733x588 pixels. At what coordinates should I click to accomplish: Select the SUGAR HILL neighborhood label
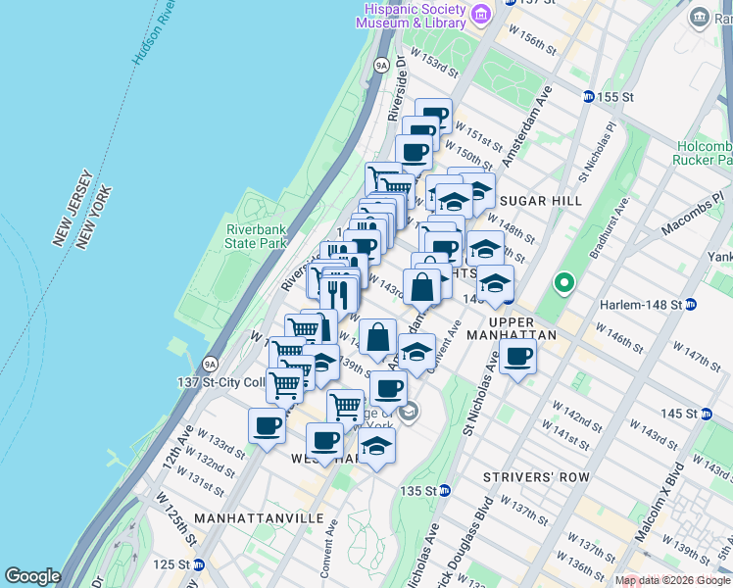click(x=540, y=201)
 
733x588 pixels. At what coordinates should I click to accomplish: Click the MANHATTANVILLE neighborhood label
click(x=245, y=516)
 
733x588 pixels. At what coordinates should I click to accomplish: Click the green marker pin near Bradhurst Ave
click(x=563, y=283)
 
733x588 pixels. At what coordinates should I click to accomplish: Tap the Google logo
click(x=32, y=576)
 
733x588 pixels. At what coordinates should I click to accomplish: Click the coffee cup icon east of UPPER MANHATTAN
click(x=518, y=357)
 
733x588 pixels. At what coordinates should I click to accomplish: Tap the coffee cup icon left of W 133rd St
click(x=266, y=427)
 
